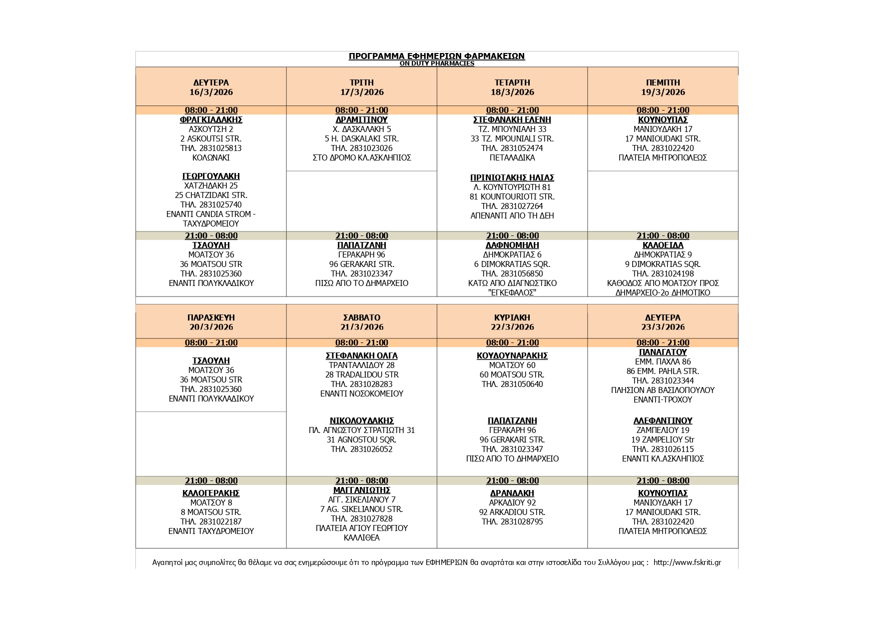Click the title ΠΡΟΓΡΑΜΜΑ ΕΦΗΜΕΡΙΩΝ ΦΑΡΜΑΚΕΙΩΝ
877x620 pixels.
436,56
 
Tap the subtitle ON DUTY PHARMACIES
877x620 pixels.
436,63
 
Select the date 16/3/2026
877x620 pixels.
211,92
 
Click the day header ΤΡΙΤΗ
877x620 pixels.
362,82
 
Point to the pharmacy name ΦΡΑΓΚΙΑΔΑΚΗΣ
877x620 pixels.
211,119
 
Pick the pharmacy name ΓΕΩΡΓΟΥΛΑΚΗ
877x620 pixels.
211,176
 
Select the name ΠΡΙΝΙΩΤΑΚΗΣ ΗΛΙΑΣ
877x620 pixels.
512,177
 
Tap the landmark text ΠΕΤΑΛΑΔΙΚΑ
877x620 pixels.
512,157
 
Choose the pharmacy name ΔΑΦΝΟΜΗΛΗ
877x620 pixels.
512,245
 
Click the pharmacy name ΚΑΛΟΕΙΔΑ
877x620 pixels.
663,245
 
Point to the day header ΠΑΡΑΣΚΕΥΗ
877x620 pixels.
211,317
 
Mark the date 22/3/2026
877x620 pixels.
512,327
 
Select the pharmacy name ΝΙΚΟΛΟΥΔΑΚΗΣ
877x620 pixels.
362,420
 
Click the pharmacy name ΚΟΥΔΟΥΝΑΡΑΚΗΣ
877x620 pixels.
512,355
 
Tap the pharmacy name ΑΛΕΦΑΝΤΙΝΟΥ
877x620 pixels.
663,420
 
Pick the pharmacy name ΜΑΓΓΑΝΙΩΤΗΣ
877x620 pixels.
362,490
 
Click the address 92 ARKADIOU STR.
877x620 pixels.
512,512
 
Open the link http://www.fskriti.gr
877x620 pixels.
687,562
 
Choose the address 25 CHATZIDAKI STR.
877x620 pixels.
211,195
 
